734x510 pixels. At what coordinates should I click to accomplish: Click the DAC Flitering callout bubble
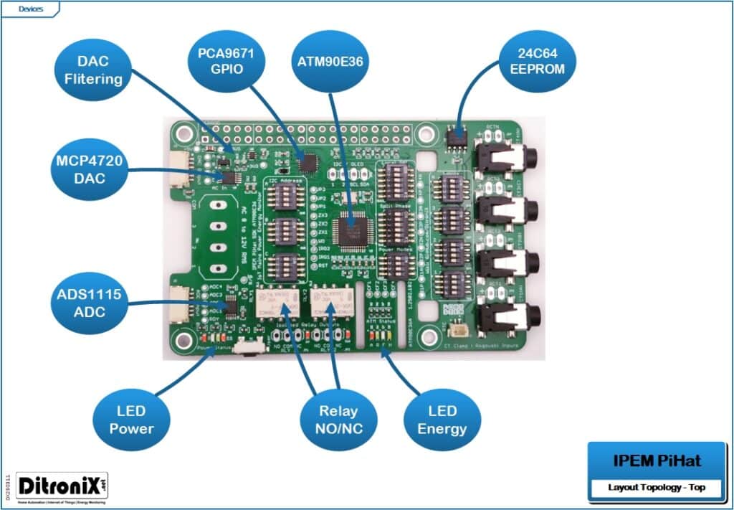tap(94, 70)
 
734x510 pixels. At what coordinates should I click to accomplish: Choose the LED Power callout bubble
tap(132, 420)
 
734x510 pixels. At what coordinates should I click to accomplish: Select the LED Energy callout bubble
tap(442, 420)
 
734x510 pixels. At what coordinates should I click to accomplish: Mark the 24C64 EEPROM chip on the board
tap(454, 136)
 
